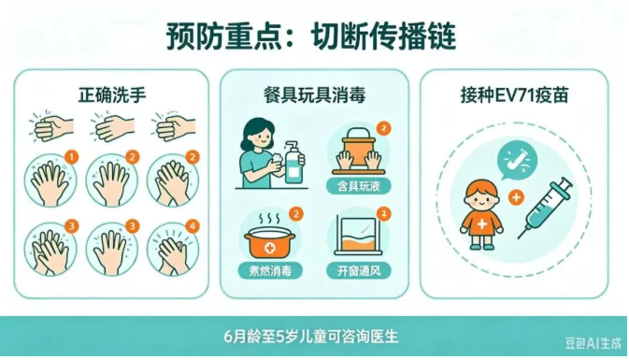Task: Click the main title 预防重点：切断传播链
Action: [311, 36]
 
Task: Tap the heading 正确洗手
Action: [112, 95]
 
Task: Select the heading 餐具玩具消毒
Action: [314, 95]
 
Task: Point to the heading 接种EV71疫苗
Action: [514, 95]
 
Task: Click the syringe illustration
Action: [545, 208]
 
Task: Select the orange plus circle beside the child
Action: [516, 197]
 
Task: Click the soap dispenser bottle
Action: [293, 164]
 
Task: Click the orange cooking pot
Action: [269, 242]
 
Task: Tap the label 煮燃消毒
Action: [270, 271]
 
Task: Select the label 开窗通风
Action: [358, 271]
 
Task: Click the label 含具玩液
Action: [358, 186]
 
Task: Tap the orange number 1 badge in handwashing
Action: [72, 157]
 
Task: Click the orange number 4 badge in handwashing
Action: [193, 226]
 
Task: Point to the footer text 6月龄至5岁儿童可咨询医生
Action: [311, 337]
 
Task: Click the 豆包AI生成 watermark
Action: [593, 343]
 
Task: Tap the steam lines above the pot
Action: [269, 219]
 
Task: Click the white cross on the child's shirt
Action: [481, 224]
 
